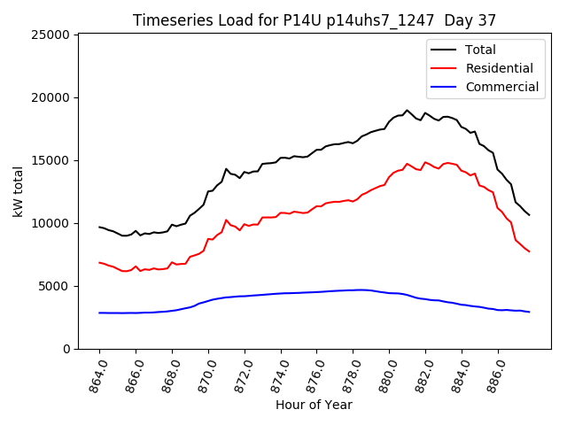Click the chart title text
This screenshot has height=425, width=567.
(x=315, y=19)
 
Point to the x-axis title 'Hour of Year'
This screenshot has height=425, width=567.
(x=315, y=405)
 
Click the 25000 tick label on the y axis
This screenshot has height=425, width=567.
(x=50, y=35)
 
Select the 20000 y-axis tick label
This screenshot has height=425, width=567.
(x=50, y=97)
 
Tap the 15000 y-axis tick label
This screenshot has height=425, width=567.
(x=50, y=160)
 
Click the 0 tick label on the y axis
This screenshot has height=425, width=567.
(x=66, y=349)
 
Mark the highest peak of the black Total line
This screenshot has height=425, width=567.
(x=408, y=111)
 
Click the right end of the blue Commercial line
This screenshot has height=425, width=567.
(x=529, y=312)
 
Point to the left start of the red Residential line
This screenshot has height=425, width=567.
(x=99, y=262)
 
